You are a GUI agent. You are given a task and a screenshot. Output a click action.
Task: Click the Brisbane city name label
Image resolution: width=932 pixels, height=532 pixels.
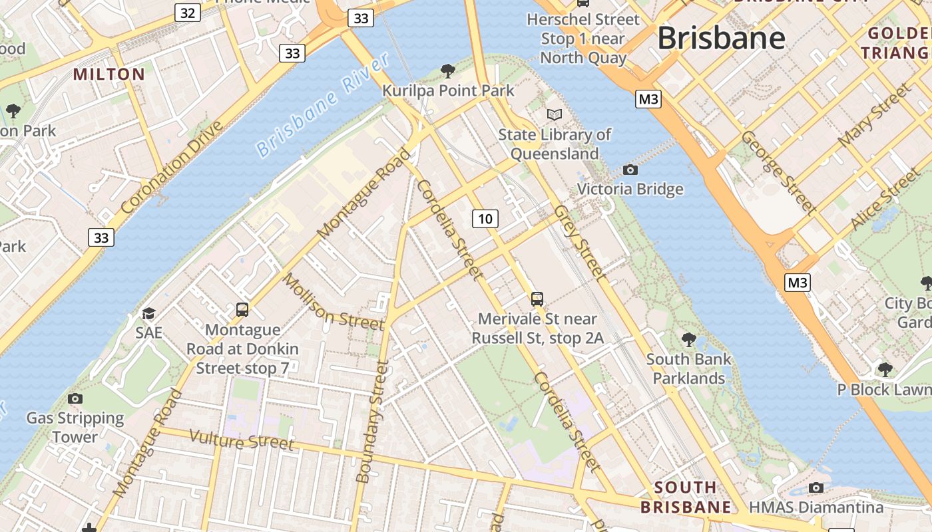click(721, 38)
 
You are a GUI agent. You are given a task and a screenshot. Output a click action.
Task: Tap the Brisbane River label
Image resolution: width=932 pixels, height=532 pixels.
click(323, 106)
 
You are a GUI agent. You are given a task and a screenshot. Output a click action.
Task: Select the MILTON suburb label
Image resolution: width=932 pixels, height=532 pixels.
click(109, 74)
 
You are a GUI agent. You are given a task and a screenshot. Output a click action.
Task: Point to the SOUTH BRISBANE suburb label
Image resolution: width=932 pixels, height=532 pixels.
click(686, 497)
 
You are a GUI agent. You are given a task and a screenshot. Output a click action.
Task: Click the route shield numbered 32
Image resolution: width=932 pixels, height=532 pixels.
click(189, 12)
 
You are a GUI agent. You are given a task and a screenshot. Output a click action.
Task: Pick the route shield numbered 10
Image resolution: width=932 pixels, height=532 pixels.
click(485, 218)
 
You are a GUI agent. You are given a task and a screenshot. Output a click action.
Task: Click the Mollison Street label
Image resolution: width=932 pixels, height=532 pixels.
click(334, 301)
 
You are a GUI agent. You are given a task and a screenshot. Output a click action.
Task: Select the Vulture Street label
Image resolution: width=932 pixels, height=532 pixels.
click(241, 440)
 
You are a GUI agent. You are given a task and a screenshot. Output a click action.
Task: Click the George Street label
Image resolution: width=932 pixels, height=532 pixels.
click(778, 172)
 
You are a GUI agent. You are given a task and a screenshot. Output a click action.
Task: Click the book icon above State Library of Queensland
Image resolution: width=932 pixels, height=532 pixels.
click(555, 114)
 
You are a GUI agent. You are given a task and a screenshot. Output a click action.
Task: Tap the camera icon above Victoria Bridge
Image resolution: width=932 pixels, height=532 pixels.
click(630, 170)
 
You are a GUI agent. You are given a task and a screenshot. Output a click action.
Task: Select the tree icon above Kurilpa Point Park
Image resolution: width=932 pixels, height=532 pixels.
click(448, 70)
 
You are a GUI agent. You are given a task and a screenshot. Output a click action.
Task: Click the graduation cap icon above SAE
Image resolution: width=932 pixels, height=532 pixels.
click(148, 313)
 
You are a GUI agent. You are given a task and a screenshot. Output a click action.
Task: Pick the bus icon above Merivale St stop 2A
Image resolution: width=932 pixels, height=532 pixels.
click(537, 299)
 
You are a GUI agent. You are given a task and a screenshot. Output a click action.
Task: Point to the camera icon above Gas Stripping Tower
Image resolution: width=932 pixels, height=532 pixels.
click(75, 398)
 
